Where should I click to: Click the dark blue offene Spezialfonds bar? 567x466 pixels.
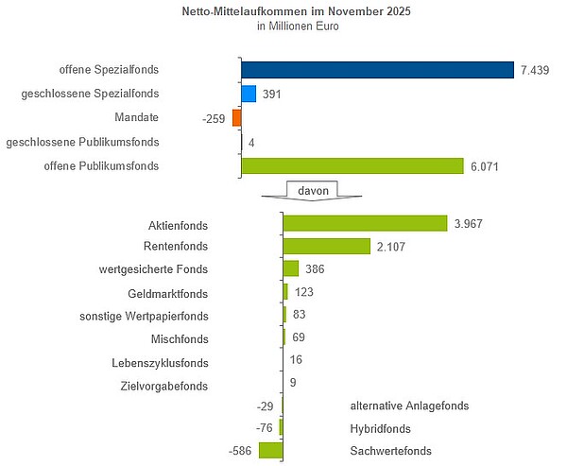coord(377,69)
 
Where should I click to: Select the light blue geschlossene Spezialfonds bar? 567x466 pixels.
coord(249,94)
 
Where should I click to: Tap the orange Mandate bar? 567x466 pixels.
coord(237,117)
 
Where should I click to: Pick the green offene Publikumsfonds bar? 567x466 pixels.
coord(352,166)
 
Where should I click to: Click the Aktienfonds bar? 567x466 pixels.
coord(365,223)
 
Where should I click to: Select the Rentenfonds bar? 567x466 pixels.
coord(327,246)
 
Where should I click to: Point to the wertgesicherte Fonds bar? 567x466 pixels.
coord(291,268)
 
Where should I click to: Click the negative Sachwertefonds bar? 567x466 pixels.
coord(271,451)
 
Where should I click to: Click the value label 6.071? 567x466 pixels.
coord(484,166)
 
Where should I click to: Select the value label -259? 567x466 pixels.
coord(215,118)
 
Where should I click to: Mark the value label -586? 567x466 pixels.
coord(243,452)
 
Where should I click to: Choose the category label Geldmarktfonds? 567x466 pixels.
coord(167,292)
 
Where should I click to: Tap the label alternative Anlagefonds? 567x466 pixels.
coord(409,406)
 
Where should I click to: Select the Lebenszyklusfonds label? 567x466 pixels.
coord(160,362)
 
